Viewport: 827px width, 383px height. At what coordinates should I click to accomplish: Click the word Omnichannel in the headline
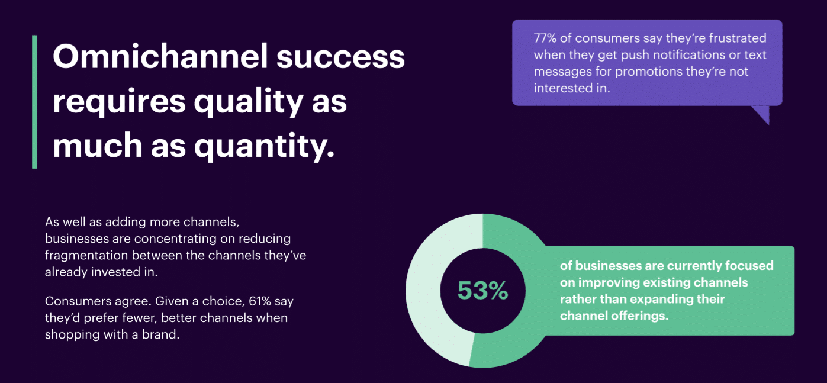point(160,56)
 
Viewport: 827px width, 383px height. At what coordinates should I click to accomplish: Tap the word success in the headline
point(340,59)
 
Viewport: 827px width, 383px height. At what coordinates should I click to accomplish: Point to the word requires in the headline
point(119,102)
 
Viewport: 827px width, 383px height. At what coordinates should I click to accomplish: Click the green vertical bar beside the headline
point(35,102)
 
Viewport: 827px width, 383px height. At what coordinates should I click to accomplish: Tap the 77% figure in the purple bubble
point(545,38)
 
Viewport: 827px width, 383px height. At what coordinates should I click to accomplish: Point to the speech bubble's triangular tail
point(762,114)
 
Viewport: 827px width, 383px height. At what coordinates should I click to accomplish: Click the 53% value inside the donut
point(482,290)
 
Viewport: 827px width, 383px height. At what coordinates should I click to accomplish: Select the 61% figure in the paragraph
point(260,301)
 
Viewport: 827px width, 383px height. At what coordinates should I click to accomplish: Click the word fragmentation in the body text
point(87,256)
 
